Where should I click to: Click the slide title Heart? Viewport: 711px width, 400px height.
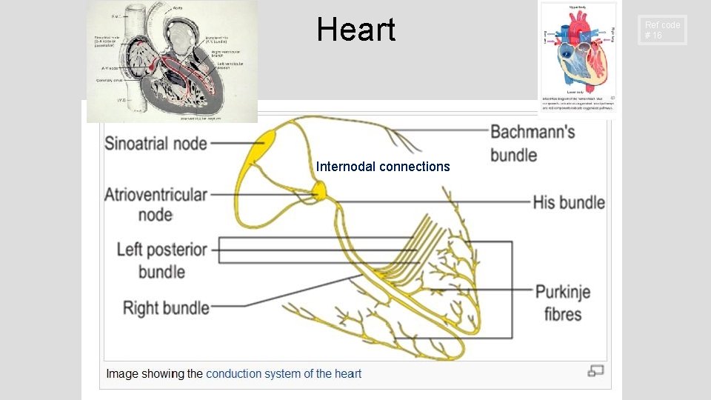tap(355, 30)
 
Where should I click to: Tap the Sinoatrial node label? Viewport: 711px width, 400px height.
tap(156, 143)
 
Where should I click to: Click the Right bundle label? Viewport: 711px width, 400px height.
tap(166, 307)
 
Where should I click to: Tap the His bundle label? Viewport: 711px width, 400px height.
tap(569, 202)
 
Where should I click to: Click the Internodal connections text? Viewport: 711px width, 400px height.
tap(383, 167)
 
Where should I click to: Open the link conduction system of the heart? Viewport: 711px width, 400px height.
tap(284, 373)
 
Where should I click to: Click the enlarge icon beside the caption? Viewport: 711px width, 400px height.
tap(595, 370)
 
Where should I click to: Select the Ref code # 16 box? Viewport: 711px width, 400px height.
tap(662, 30)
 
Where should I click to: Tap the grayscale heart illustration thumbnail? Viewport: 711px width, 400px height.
tap(172, 61)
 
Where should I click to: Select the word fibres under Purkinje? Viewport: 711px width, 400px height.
tap(563, 314)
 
